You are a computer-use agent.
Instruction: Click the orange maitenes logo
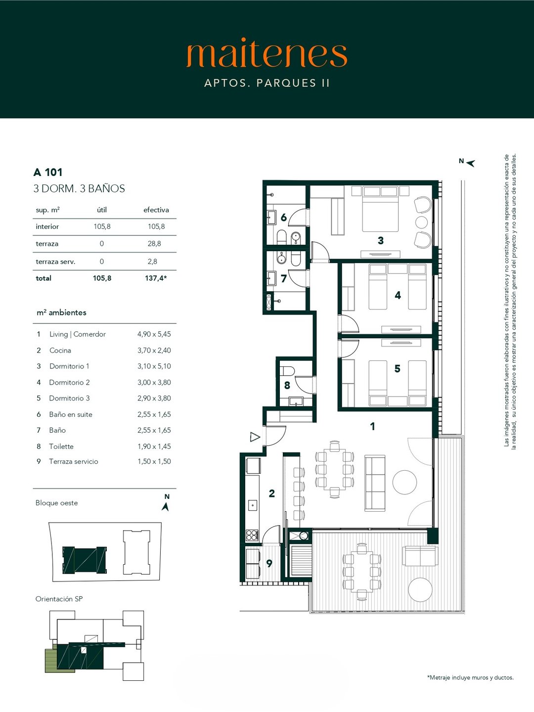(267, 55)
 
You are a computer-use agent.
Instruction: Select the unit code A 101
(47, 172)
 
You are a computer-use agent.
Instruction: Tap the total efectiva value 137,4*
(156, 278)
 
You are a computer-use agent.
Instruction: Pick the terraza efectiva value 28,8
(154, 244)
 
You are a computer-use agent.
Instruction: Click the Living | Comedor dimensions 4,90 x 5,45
(154, 334)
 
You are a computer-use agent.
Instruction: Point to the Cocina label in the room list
(60, 351)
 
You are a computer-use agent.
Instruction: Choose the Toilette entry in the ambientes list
(61, 446)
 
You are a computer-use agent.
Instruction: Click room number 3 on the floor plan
(381, 240)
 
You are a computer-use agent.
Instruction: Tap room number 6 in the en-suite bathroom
(284, 218)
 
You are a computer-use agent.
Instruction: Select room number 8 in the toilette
(287, 385)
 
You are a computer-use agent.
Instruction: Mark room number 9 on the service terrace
(269, 564)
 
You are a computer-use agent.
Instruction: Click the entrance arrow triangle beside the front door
(255, 437)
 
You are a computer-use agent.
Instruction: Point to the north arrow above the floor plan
(470, 163)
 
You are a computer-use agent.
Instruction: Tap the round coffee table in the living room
(404, 483)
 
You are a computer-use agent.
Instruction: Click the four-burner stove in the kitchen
(252, 535)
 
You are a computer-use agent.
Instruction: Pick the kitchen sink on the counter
(253, 505)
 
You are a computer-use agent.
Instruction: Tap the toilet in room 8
(287, 370)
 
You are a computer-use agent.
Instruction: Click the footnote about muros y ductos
(470, 677)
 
